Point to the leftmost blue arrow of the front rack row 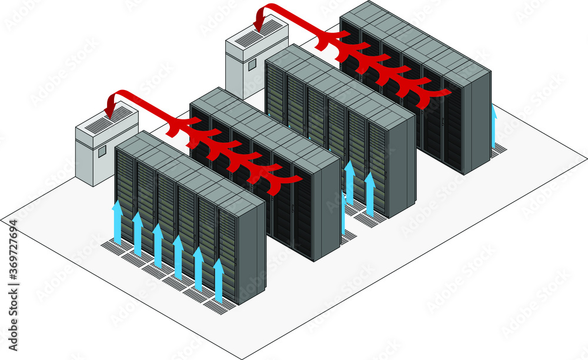point(117,222)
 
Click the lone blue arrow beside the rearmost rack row point(494,126)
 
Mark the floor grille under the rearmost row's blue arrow point(498,150)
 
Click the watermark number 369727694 point(13,258)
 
